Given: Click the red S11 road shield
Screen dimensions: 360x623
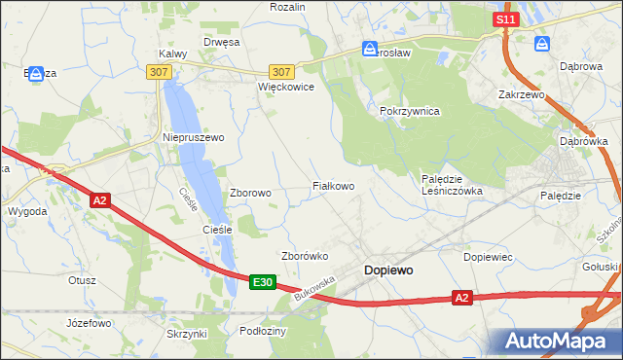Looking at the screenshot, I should tap(503, 19).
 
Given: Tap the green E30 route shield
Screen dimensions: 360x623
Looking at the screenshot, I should tap(261, 282).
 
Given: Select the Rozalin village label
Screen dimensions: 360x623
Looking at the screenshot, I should tap(287, 7).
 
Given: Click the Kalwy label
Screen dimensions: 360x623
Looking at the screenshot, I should tap(172, 54).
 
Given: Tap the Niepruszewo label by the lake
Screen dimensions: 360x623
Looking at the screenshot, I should tap(193, 137).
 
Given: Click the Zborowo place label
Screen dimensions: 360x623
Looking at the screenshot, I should tap(250, 193).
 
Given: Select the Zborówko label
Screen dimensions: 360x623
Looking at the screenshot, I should tap(304, 256).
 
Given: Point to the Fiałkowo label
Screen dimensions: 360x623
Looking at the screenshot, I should tap(332, 185).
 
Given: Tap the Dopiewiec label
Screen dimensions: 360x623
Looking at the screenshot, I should tap(489, 256).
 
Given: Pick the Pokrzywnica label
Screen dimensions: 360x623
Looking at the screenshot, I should tap(410, 112).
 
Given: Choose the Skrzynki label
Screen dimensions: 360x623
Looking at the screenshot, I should tap(187, 334).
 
